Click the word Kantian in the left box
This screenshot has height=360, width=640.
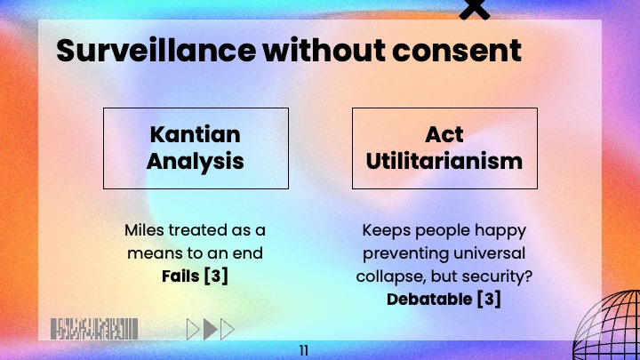pos(196,135)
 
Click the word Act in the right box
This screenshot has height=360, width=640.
pos(444,135)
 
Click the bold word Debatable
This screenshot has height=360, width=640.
pos(429,299)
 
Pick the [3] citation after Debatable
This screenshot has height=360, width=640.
pos(488,299)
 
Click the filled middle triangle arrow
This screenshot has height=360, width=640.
pos(211,330)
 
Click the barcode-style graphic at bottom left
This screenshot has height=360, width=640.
pos(94,328)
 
